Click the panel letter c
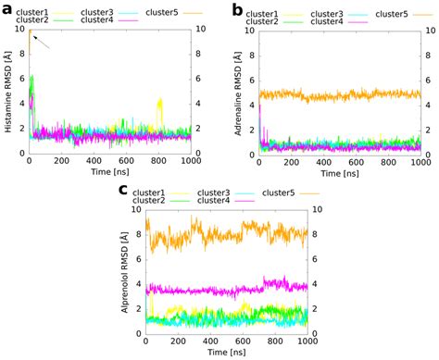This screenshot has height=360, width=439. click(123, 189)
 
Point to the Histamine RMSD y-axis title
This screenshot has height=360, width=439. click(7, 92)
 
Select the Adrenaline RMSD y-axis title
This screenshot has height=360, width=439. click(238, 92)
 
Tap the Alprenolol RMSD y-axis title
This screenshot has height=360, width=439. click(123, 273)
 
